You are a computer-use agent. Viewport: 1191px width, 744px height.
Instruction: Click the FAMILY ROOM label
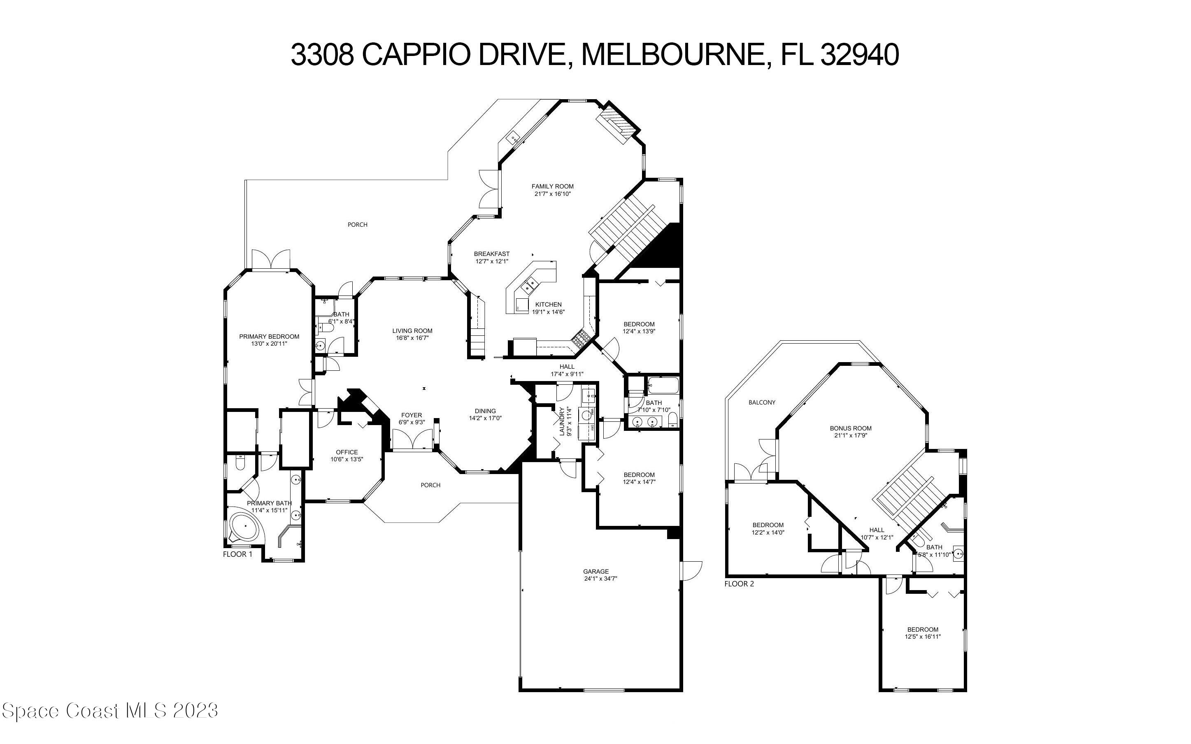pyautogui.click(x=552, y=186)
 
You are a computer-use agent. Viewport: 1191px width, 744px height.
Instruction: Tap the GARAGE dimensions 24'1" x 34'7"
pyautogui.click(x=600, y=579)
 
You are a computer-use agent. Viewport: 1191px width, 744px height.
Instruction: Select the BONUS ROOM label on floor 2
pyautogui.click(x=851, y=428)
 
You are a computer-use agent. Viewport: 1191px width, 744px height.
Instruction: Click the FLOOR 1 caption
pyautogui.click(x=237, y=554)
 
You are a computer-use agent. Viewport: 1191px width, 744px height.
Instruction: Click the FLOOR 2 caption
pyautogui.click(x=739, y=584)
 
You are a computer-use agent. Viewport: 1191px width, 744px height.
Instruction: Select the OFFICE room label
pyautogui.click(x=347, y=452)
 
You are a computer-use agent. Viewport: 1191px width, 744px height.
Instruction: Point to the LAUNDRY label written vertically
pyautogui.click(x=562, y=421)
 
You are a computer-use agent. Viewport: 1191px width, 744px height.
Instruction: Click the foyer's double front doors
pyautogui.click(x=411, y=439)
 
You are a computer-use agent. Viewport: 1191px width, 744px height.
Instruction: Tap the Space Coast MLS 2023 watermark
pyautogui.click(x=109, y=711)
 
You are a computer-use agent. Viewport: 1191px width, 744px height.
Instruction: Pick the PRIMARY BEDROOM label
pyautogui.click(x=269, y=337)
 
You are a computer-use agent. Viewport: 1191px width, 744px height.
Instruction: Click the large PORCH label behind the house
pyautogui.click(x=358, y=225)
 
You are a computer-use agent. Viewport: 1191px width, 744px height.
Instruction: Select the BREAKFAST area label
pyautogui.click(x=491, y=254)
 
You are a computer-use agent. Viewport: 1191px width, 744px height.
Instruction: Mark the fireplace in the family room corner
pyautogui.click(x=617, y=125)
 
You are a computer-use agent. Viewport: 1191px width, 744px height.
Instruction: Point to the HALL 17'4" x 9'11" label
pyautogui.click(x=567, y=367)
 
